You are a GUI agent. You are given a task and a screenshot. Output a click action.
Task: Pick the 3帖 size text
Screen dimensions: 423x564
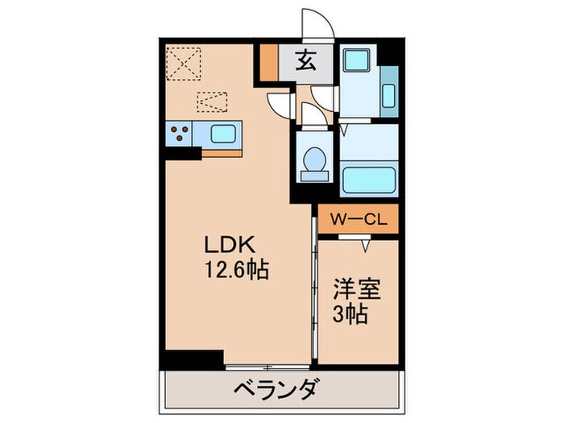click(x=350, y=314)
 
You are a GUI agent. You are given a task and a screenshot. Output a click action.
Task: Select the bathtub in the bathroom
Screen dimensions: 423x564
click(x=367, y=177)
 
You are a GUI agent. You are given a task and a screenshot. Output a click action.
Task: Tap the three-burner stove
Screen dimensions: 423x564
click(x=180, y=133)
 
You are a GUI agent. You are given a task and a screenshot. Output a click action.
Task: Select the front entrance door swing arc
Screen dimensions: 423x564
click(x=316, y=23)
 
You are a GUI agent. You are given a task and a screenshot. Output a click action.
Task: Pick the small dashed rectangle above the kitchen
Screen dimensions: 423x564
click(x=212, y=101)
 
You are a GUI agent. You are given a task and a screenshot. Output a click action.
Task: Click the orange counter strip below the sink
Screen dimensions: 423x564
click(x=222, y=151)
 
